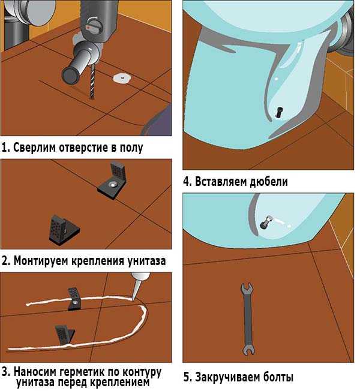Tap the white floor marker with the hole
(122, 78)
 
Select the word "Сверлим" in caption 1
(34, 148)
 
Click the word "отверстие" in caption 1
(84, 148)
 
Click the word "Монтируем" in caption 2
(41, 261)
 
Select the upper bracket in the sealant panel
(74, 299)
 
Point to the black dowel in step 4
(278, 112)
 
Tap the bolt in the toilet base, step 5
(266, 222)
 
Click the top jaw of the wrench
(247, 290)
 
